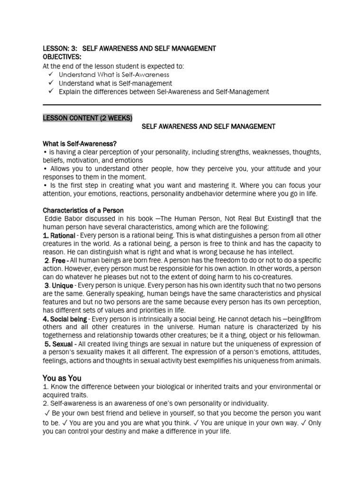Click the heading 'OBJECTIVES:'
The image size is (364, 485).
pos(62,57)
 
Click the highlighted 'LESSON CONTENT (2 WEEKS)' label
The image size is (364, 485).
pos(88,118)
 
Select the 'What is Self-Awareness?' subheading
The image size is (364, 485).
pos(80,144)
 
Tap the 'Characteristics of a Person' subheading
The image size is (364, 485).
pos(83,210)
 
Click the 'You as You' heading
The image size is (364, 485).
pos(62,378)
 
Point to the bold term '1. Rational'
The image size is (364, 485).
pos(59,235)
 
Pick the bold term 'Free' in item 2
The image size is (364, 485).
pos(59,261)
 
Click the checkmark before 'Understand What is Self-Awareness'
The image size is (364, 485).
pos(51,75)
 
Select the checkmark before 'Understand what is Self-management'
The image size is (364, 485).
pos(51,83)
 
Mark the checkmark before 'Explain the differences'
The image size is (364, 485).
pos(51,92)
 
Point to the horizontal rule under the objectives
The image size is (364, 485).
pos(182,105)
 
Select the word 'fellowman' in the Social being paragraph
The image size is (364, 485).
pos(304,335)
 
